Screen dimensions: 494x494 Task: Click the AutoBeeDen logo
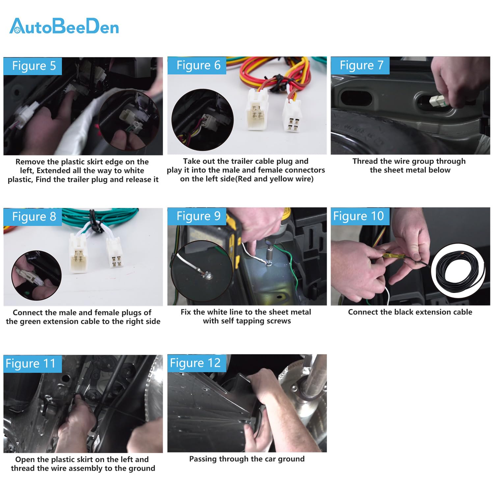pyautogui.click(x=64, y=26)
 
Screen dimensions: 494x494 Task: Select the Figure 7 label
pyautogui.click(x=361, y=65)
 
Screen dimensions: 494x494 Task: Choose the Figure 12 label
pyautogui.click(x=197, y=363)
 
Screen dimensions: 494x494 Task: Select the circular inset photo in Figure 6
pyautogui.click(x=203, y=120)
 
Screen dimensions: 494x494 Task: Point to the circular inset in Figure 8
pyautogui.click(x=37, y=276)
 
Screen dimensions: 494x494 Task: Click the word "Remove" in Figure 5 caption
pyautogui.click(x=30, y=162)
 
